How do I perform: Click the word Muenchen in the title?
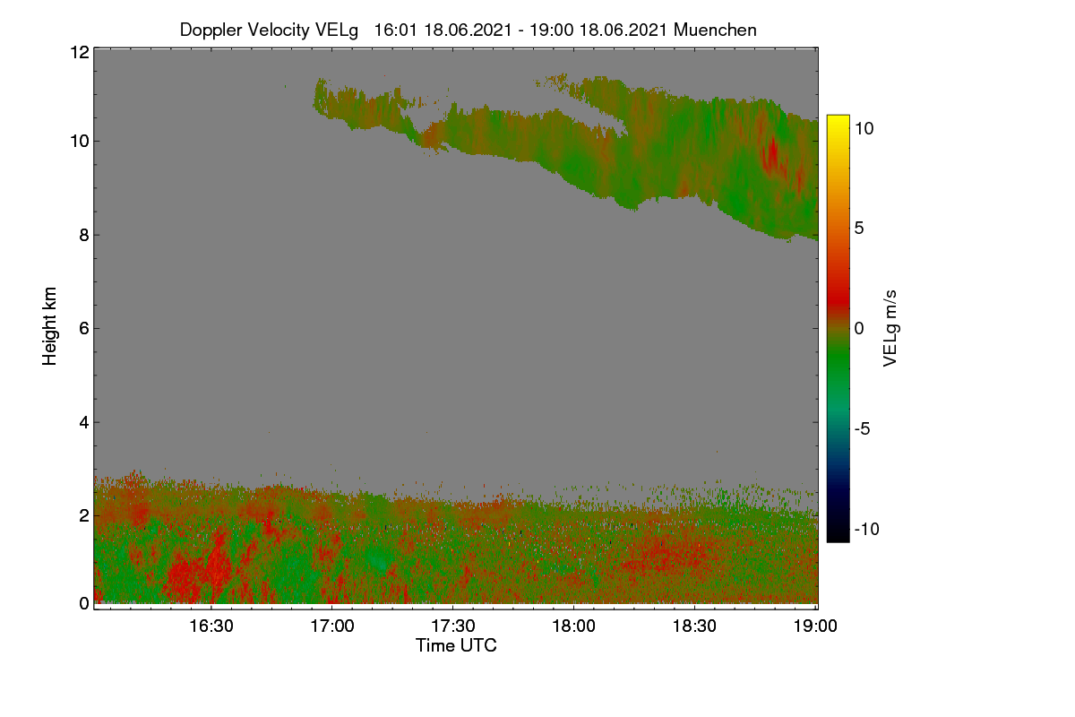pyautogui.click(x=715, y=30)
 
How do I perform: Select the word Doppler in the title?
pyautogui.click(x=211, y=30)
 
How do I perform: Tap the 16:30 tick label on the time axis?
pyautogui.click(x=211, y=626)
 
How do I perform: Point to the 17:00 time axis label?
pyautogui.click(x=332, y=626)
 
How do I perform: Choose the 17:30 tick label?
pyautogui.click(x=453, y=626)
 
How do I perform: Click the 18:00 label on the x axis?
pyautogui.click(x=573, y=626)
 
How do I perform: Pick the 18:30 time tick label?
pyautogui.click(x=694, y=626)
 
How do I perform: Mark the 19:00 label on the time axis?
pyautogui.click(x=815, y=626)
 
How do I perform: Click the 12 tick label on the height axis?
pyautogui.click(x=80, y=52)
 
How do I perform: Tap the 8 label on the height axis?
pyautogui.click(x=84, y=236)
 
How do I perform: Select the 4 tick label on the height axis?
pyautogui.click(x=84, y=423)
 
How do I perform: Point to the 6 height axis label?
pyautogui.click(x=84, y=329)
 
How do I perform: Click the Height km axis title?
pyautogui.click(x=49, y=326)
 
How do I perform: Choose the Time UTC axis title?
pyautogui.click(x=456, y=646)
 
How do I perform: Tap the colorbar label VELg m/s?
pyautogui.click(x=890, y=329)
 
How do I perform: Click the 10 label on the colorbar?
pyautogui.click(x=864, y=129)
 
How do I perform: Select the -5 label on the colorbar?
pyautogui.click(x=863, y=428)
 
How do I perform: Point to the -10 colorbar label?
pyautogui.click(x=867, y=529)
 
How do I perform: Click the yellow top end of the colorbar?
pyautogui.click(x=838, y=117)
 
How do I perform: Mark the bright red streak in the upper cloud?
pyautogui.click(x=772, y=152)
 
